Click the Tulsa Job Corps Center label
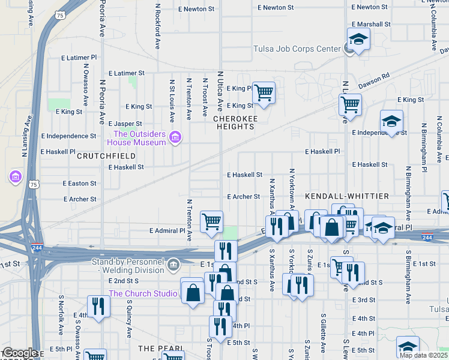point(297,49)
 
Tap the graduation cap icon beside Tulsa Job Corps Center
point(358,40)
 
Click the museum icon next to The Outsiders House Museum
point(175,138)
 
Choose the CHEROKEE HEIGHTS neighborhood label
point(235,122)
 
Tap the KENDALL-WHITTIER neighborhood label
point(347,196)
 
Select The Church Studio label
point(142,293)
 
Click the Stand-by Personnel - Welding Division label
point(128,266)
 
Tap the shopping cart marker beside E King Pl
point(264,93)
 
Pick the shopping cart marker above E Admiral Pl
point(211,222)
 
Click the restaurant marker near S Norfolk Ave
point(97,307)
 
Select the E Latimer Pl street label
point(79,58)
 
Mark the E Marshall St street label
point(371,25)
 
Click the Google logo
point(19,353)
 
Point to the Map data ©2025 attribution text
point(423,355)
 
